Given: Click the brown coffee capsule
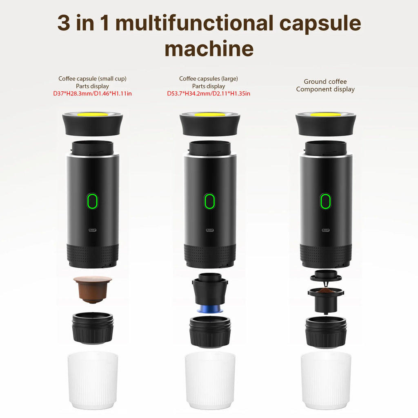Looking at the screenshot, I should click(x=93, y=289).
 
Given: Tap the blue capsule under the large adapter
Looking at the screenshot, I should click(x=210, y=309).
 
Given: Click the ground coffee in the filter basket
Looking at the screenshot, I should click(x=325, y=291).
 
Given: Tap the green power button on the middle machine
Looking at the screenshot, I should click(x=209, y=201).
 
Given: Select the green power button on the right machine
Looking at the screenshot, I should click(x=325, y=201).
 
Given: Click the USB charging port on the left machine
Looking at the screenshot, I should click(x=93, y=230).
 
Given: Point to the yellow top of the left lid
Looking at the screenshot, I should click(x=93, y=114).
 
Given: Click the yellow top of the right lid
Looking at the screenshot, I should click(x=325, y=114).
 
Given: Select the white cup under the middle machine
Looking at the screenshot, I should click(x=210, y=380).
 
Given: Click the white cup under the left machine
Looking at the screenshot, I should click(x=93, y=380).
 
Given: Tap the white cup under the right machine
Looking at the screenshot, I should click(x=325, y=380).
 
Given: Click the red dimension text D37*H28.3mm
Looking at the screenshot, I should click(x=72, y=93).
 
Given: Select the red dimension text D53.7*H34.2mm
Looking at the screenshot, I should click(x=187, y=93).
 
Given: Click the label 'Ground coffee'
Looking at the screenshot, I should click(x=325, y=82).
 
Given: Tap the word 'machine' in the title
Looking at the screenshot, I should click(x=209, y=49).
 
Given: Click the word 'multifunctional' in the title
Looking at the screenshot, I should click(x=195, y=23).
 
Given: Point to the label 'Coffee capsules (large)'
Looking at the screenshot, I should click(x=209, y=78).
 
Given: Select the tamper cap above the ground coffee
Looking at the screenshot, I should click(x=325, y=277).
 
